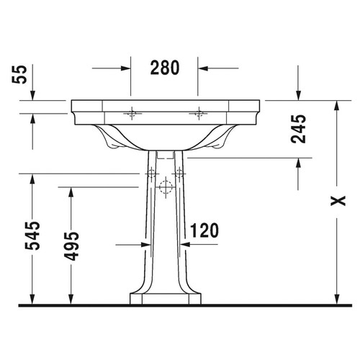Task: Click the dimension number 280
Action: pos(164,68)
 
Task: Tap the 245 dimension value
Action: pos(301,129)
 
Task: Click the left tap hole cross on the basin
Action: pos(132,114)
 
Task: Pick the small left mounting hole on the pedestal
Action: pos(152,174)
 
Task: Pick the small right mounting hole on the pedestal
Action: pos(179,174)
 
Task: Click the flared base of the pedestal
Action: pos(166,298)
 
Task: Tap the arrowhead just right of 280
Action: pos(204,69)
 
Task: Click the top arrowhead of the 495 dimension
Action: pos(71,191)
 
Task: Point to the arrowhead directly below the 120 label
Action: pos(184,245)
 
